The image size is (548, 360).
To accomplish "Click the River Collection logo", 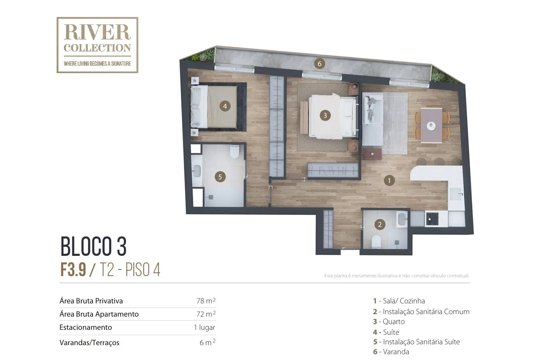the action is click(x=97, y=45).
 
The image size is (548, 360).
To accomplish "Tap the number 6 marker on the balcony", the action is click(x=319, y=64).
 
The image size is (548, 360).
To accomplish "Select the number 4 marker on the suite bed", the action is click(x=225, y=106).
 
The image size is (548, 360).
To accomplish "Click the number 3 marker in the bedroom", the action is click(x=325, y=115).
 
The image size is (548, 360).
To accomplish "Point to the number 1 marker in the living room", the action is click(x=389, y=181).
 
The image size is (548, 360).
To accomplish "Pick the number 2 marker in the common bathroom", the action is click(x=380, y=224).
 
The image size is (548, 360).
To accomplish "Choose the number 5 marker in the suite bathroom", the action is click(x=220, y=177).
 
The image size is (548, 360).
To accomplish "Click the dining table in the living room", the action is click(x=431, y=125).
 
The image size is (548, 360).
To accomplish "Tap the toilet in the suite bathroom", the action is click(x=235, y=151).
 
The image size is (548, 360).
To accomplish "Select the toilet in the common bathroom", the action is click(x=376, y=242).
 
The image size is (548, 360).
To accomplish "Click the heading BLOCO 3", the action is click(x=93, y=246).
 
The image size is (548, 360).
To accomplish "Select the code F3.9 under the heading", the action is click(x=73, y=269).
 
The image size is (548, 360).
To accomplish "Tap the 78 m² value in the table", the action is click(x=206, y=301).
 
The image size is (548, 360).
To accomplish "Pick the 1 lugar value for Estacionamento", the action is click(x=204, y=327).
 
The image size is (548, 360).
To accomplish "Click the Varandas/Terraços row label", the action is click(x=89, y=343).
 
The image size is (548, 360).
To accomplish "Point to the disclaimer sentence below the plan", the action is click(x=396, y=276).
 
